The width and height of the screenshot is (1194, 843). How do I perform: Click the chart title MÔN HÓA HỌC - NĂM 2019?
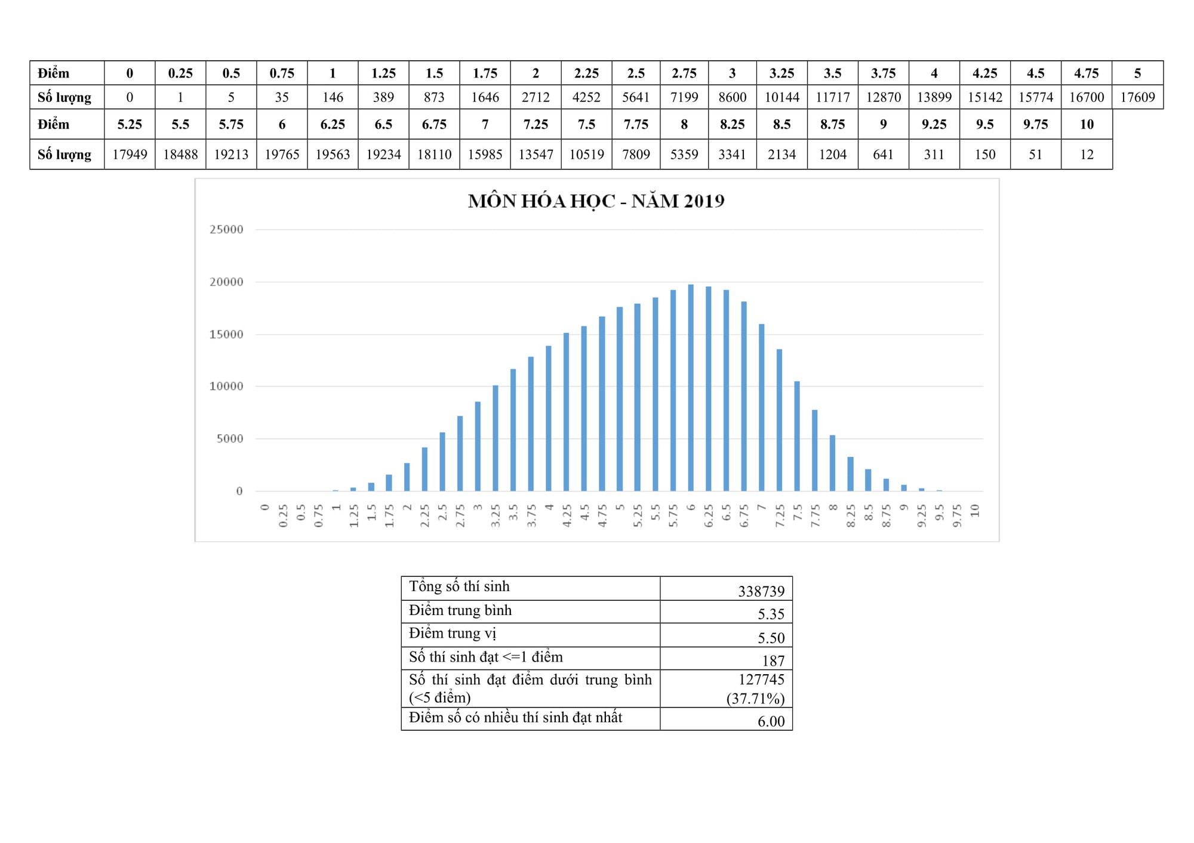[x=596, y=201]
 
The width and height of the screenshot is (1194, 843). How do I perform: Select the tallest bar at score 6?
[x=691, y=388]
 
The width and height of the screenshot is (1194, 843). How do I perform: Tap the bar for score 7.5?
[x=797, y=436]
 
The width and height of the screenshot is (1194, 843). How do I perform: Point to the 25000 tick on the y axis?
[x=227, y=230]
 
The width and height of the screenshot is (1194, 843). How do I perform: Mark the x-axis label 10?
[x=975, y=511]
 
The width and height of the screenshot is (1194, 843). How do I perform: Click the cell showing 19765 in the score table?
[x=282, y=155]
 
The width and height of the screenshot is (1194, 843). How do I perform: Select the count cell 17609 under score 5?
[x=1137, y=97]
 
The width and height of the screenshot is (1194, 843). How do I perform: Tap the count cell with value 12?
[x=1087, y=155]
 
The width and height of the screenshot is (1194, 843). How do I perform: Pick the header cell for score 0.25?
[x=180, y=73]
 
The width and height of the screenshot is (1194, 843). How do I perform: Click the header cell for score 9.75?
[x=1035, y=125]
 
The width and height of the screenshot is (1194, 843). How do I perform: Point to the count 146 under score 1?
[x=333, y=97]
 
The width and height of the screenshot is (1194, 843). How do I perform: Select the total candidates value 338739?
[x=761, y=591]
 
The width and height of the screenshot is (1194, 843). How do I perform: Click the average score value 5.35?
[x=771, y=614]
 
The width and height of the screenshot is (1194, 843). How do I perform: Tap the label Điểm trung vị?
[x=453, y=634]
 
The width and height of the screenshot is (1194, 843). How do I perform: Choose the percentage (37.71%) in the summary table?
[x=755, y=699]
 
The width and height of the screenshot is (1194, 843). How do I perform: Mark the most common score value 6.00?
[x=771, y=721]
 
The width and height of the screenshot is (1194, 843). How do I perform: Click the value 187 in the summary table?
[x=773, y=660]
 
